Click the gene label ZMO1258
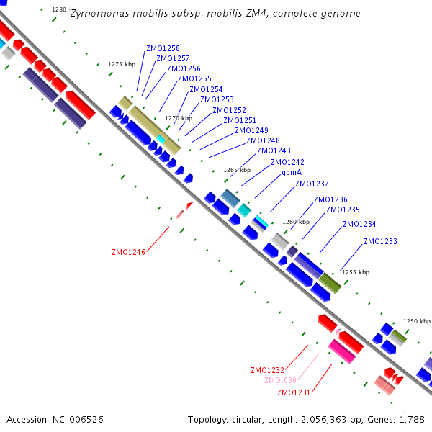pyautogui.click(x=163, y=49)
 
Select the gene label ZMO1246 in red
pyautogui.click(x=128, y=253)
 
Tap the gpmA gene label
pyautogui.click(x=292, y=173)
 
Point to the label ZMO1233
pyautogui.click(x=380, y=242)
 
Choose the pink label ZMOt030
pyautogui.click(x=280, y=381)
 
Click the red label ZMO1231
pyautogui.click(x=294, y=392)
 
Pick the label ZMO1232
pyautogui.click(x=268, y=371)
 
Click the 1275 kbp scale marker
pyautogui.click(x=122, y=64)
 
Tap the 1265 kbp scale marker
pyautogui.click(x=237, y=171)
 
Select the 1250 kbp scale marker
pyautogui.click(x=417, y=321)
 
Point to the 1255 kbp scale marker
pyautogui.click(x=356, y=273)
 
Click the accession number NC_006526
pyautogui.click(x=78, y=419)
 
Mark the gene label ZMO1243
pyautogui.click(x=274, y=151)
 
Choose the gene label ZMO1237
pyautogui.click(x=312, y=184)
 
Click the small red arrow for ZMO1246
pyautogui.click(x=189, y=206)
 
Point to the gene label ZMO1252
pyautogui.click(x=229, y=111)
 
